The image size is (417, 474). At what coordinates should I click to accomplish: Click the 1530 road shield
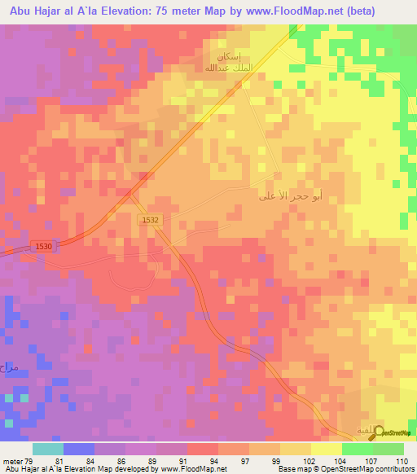pos(43,246)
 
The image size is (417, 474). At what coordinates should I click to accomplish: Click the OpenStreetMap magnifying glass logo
pos(380,432)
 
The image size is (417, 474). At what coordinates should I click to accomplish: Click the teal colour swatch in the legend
pos(48,449)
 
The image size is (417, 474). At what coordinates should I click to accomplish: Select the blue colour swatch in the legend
pos(79,449)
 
